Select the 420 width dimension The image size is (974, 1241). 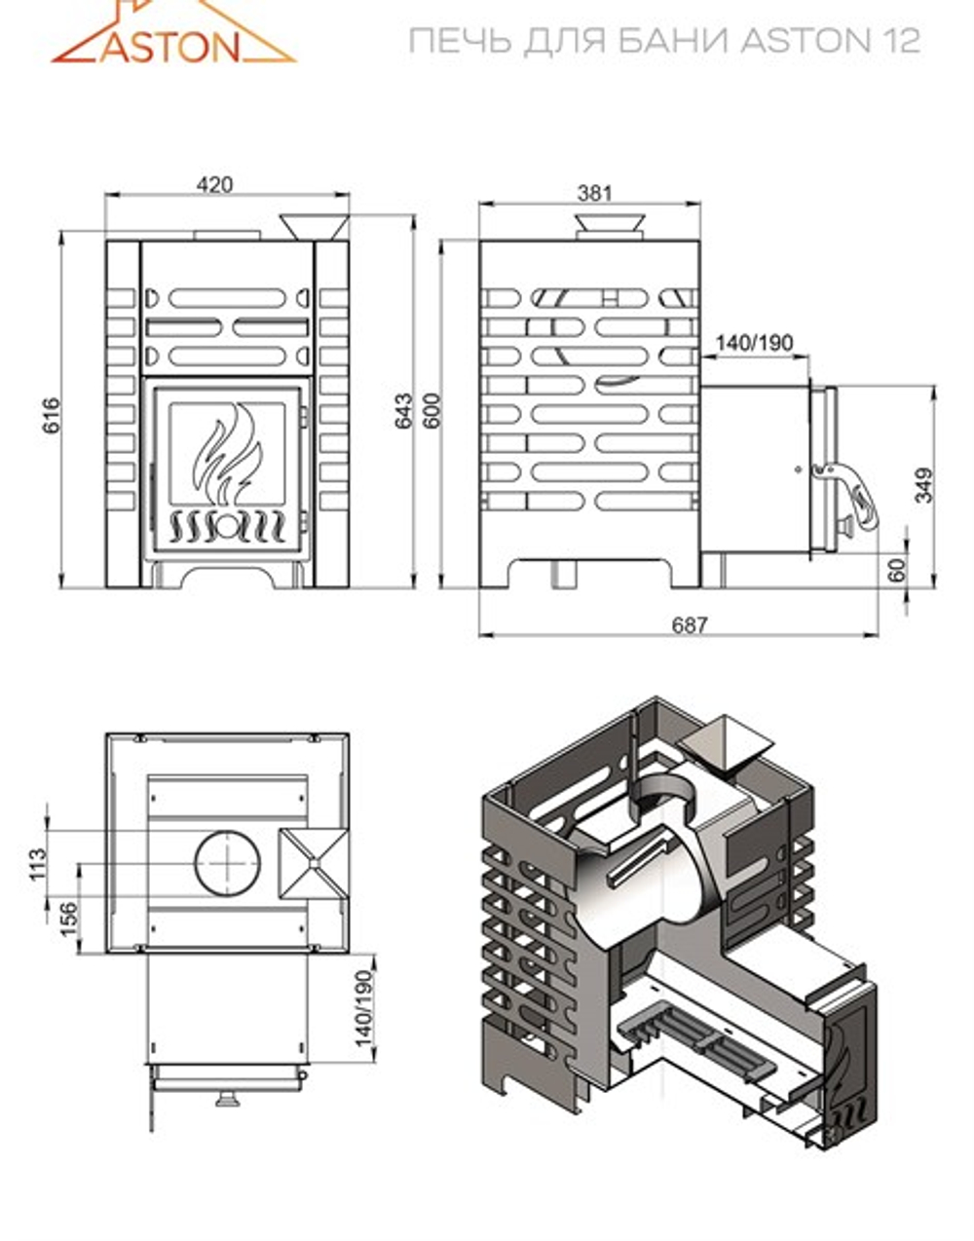(215, 184)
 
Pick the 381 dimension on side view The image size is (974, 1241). (594, 192)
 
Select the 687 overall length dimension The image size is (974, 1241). (689, 624)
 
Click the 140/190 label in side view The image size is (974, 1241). (754, 343)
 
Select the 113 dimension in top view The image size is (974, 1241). (38, 863)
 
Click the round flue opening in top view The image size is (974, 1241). (228, 863)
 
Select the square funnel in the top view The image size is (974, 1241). (313, 863)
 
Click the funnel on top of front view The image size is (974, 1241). (315, 226)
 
